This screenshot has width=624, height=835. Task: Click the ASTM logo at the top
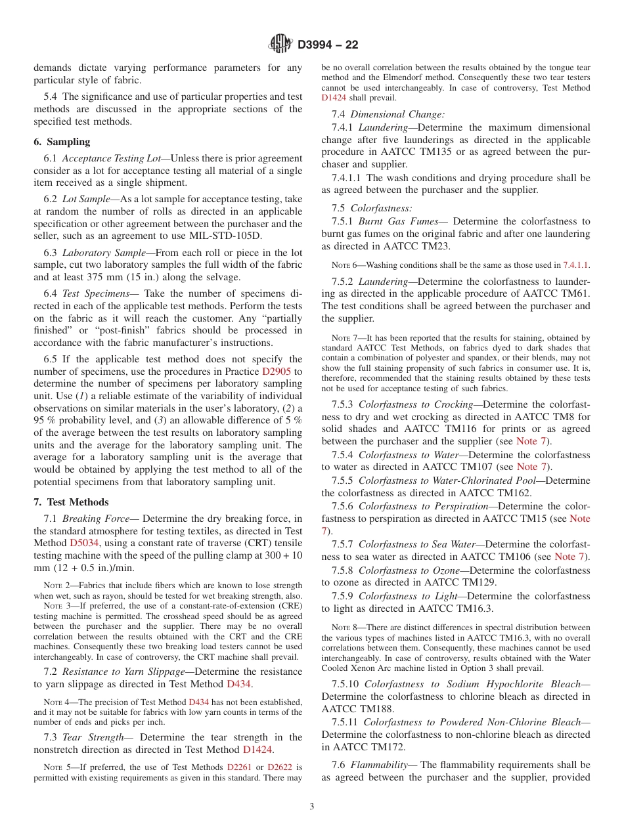click(x=280, y=44)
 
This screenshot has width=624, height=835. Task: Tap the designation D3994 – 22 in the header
click(x=328, y=45)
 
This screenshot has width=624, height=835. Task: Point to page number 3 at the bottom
click(x=311, y=807)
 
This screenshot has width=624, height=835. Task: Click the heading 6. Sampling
click(x=62, y=142)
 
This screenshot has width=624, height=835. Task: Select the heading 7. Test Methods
click(x=71, y=502)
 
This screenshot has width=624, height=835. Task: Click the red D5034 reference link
click(x=83, y=544)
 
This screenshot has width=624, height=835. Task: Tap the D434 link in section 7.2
click(x=239, y=684)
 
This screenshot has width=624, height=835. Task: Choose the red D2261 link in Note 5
click(x=240, y=767)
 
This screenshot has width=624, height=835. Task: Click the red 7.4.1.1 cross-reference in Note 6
click(x=576, y=265)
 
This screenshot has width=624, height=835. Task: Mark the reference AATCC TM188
click(x=353, y=709)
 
